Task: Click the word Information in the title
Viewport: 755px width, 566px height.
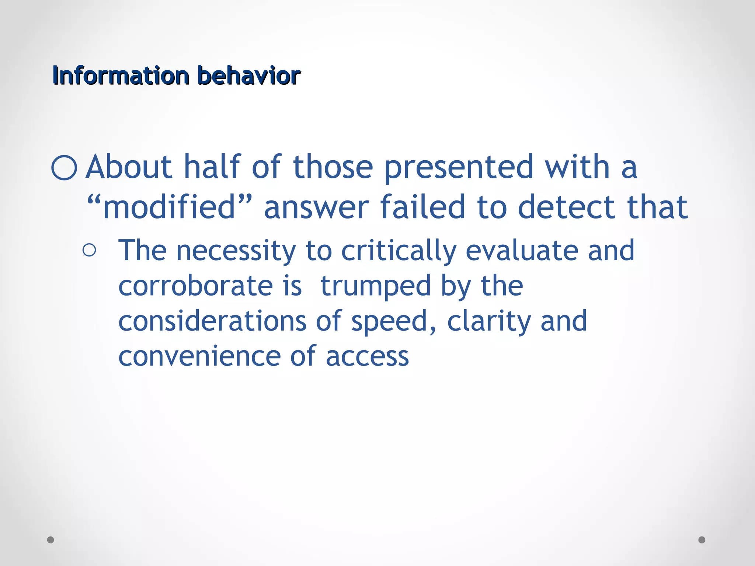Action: click(121, 76)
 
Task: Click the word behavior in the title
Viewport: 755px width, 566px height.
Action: click(249, 76)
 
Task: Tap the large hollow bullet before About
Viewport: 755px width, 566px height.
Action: click(65, 168)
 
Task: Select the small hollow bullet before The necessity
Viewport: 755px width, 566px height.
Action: click(89, 251)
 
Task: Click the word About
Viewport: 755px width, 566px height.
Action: click(129, 167)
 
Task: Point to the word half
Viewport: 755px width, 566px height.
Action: click(212, 167)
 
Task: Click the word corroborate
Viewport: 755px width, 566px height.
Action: click(196, 286)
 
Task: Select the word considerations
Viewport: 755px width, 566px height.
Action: click(212, 321)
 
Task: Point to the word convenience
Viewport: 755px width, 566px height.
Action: click(199, 356)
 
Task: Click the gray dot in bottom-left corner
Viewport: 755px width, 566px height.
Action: click(51, 540)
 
